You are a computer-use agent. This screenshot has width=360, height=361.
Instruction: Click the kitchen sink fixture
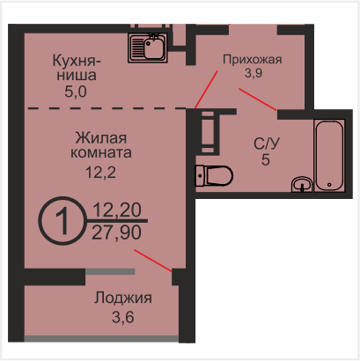148,48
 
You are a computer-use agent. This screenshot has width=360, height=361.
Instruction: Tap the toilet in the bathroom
214,176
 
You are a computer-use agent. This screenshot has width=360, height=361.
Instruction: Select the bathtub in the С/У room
329,156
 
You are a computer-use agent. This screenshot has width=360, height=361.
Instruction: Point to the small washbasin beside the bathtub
302,184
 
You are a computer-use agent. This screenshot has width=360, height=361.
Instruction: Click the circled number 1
63,221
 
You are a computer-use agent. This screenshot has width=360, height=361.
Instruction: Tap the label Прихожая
253,59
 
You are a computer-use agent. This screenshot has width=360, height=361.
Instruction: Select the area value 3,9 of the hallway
253,73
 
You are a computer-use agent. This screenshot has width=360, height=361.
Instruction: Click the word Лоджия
123,298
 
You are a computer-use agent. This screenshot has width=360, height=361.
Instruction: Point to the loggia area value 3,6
123,317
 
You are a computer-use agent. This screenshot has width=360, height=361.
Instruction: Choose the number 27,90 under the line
116,232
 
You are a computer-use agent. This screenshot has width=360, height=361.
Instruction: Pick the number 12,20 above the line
117,210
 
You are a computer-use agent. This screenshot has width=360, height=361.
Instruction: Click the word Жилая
101,138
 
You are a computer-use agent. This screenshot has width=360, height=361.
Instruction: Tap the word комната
101,153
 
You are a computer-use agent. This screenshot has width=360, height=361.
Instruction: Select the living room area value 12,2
100,173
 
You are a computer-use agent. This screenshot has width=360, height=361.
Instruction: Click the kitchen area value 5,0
76,92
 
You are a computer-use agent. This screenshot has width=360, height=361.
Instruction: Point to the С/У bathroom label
267,144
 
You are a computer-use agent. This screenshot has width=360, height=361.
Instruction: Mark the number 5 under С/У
266,160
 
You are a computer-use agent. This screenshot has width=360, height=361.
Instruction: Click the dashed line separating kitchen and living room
107,108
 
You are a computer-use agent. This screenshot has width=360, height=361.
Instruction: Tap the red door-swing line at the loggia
153,261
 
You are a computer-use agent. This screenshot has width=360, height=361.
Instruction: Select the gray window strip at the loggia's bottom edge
101,339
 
